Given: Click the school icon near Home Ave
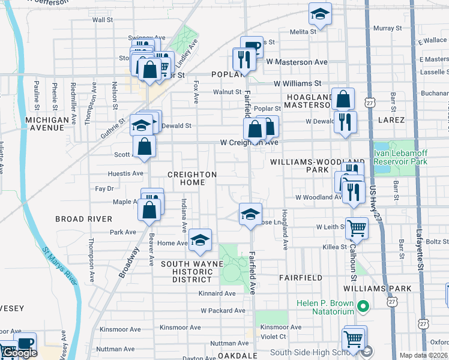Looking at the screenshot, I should [x=200, y=240].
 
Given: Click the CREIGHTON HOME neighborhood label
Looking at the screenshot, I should [x=191, y=178].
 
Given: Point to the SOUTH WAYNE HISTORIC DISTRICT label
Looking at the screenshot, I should [x=186, y=272].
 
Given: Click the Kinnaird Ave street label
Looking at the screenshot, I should [x=218, y=293].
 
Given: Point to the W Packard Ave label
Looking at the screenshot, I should [x=223, y=311].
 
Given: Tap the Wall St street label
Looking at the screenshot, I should [x=103, y=20].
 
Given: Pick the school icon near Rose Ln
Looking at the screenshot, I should [x=250, y=213].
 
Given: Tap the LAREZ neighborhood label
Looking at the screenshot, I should [x=392, y=120].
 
